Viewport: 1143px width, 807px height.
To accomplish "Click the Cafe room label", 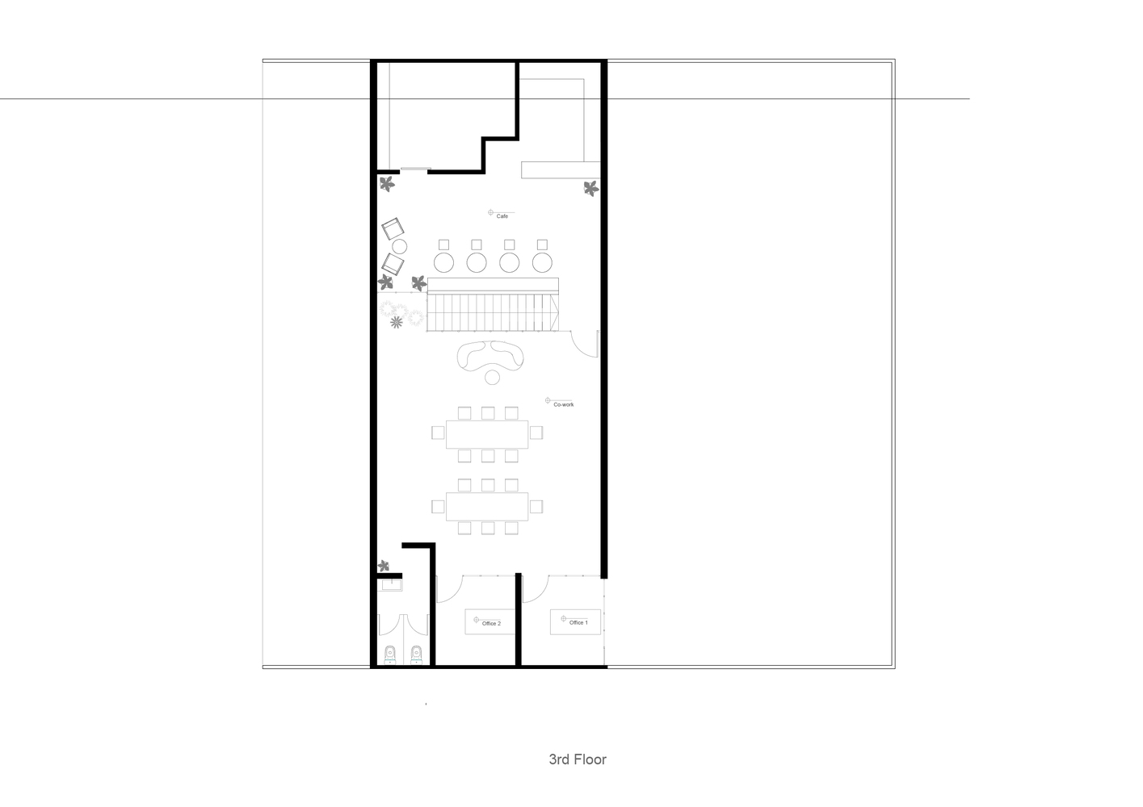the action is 502,216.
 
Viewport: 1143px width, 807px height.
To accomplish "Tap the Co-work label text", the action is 563,404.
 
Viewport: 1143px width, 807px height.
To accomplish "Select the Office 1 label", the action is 578,622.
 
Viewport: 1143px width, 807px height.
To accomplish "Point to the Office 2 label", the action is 491,624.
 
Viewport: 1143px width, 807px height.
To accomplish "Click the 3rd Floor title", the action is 578,759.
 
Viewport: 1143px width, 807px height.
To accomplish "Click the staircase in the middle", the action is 493,312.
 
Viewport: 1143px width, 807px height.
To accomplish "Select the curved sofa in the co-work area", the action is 490,355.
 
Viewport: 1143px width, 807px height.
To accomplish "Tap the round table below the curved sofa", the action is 492,377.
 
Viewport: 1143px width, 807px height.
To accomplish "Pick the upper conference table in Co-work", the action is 487,434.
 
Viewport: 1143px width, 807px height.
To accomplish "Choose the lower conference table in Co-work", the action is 487,506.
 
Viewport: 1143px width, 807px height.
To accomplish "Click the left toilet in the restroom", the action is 390,654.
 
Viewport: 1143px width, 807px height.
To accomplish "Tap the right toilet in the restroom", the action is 416,654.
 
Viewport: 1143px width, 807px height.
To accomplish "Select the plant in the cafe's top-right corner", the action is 591,189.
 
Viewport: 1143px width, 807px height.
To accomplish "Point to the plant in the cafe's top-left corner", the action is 387,183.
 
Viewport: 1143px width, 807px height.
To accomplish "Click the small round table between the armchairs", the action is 400,247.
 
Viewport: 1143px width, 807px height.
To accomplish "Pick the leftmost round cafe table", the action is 443,263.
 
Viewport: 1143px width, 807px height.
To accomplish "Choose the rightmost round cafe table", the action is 542,263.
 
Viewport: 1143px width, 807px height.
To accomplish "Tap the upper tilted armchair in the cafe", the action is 393,229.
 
